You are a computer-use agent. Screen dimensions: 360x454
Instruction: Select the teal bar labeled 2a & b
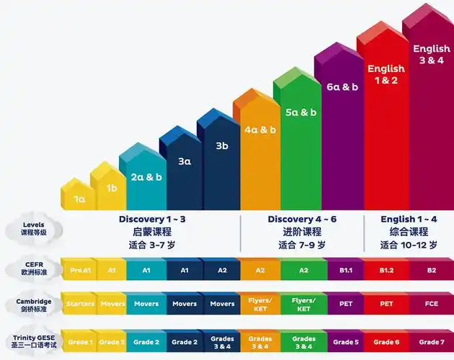click(x=146, y=177)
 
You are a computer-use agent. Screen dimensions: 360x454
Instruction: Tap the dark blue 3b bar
click(x=222, y=146)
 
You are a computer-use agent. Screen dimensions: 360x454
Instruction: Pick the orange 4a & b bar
click(x=260, y=130)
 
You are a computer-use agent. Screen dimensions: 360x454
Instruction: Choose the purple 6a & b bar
click(x=342, y=87)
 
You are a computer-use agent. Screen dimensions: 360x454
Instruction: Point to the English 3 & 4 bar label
click(x=432, y=55)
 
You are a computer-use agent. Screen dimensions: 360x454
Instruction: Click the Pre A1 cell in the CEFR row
click(x=81, y=270)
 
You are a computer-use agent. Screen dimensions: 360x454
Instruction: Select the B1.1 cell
click(x=346, y=270)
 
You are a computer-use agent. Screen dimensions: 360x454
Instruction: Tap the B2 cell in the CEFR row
click(x=432, y=270)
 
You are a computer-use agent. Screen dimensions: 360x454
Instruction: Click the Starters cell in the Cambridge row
click(x=80, y=304)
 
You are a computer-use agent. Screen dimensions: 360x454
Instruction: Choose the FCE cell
click(x=432, y=304)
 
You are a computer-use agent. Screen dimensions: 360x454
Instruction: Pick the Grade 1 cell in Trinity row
click(x=80, y=342)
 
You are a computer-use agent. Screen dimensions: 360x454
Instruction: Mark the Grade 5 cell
click(x=346, y=342)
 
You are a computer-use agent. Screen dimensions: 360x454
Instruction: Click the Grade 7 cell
click(x=432, y=342)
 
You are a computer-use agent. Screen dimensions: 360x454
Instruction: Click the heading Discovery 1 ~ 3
click(x=152, y=220)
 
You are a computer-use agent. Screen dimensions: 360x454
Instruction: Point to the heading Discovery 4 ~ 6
click(x=302, y=220)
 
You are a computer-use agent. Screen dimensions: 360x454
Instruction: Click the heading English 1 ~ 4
click(x=409, y=220)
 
